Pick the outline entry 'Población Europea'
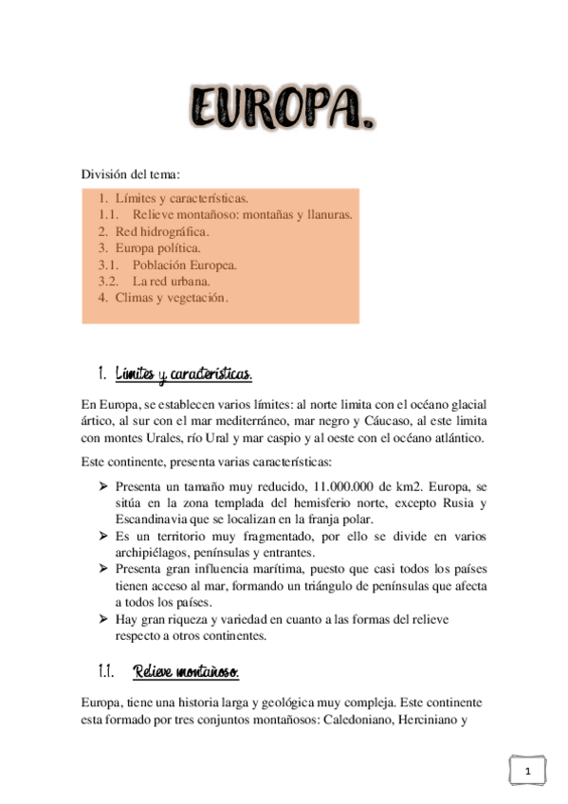[x=184, y=265]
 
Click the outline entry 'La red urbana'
[x=172, y=282]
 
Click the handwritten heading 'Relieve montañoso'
[x=186, y=672]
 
